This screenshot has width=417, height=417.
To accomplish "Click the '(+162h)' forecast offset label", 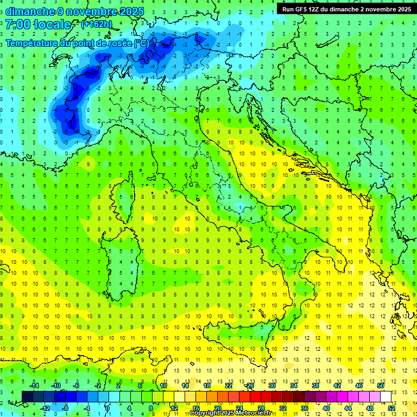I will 97,24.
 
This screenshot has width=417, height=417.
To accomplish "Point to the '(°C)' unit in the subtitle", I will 141,43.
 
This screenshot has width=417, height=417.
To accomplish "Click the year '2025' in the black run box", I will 401,9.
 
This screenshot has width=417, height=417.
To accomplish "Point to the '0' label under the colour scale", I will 108,408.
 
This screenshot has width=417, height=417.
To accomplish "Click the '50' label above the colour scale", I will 380,386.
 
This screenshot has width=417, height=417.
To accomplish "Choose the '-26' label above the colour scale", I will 249,386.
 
